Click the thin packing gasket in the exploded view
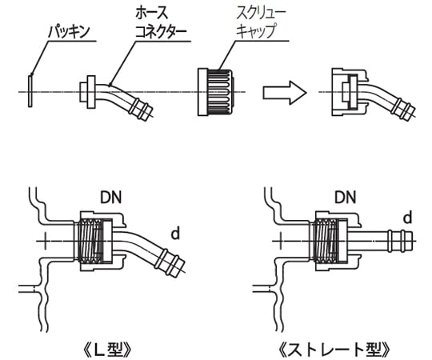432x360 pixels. [x=30, y=90]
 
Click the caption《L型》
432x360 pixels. [x=109, y=350]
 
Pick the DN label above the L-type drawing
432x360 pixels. [x=110, y=196]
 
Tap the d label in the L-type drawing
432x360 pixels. [x=175, y=233]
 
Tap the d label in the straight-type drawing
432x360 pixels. [x=407, y=218]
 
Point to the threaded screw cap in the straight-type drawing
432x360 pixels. [x=328, y=240]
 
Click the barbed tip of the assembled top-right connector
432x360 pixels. [x=403, y=111]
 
